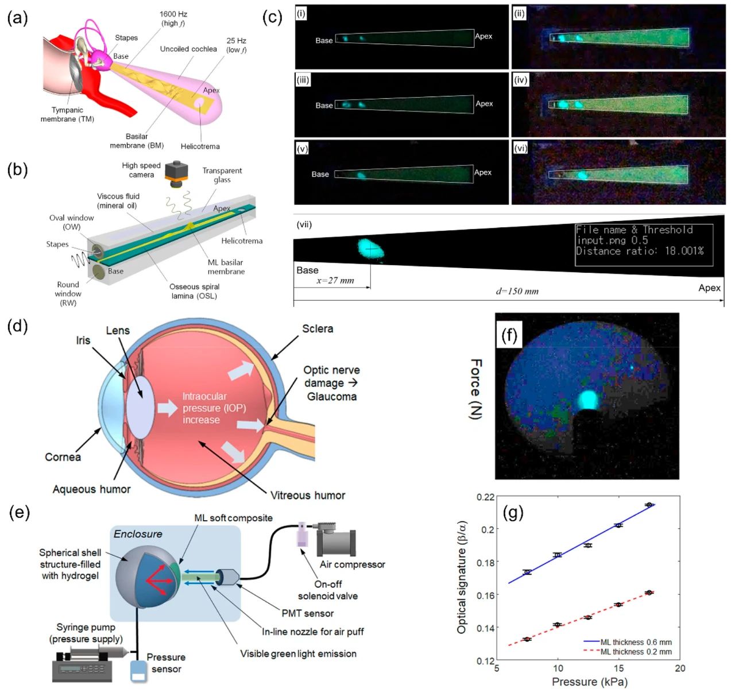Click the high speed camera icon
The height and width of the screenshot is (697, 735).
coord(176,174)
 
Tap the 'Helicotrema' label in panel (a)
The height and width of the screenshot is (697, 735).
coord(200,146)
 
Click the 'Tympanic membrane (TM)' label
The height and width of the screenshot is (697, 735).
coord(67,114)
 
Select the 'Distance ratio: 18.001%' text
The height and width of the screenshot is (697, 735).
coord(640,251)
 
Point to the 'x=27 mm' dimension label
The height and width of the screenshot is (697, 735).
coord(335,281)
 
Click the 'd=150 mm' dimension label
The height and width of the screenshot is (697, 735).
coord(517,291)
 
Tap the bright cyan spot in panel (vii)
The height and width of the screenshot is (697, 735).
coord(370,248)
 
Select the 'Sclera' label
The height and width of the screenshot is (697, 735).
coord(318,329)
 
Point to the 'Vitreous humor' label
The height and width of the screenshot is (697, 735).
coord(308,495)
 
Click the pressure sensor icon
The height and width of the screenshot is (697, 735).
coord(139,671)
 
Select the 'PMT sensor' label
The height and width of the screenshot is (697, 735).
coord(307,613)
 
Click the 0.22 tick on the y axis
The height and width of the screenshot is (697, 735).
coord(485,497)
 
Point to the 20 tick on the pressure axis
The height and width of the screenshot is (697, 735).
coord(680,668)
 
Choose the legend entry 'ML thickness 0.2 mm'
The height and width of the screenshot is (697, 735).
coord(636,652)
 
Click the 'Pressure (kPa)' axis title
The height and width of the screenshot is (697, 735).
coord(589,682)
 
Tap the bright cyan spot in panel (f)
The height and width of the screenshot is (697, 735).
coord(587,399)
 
